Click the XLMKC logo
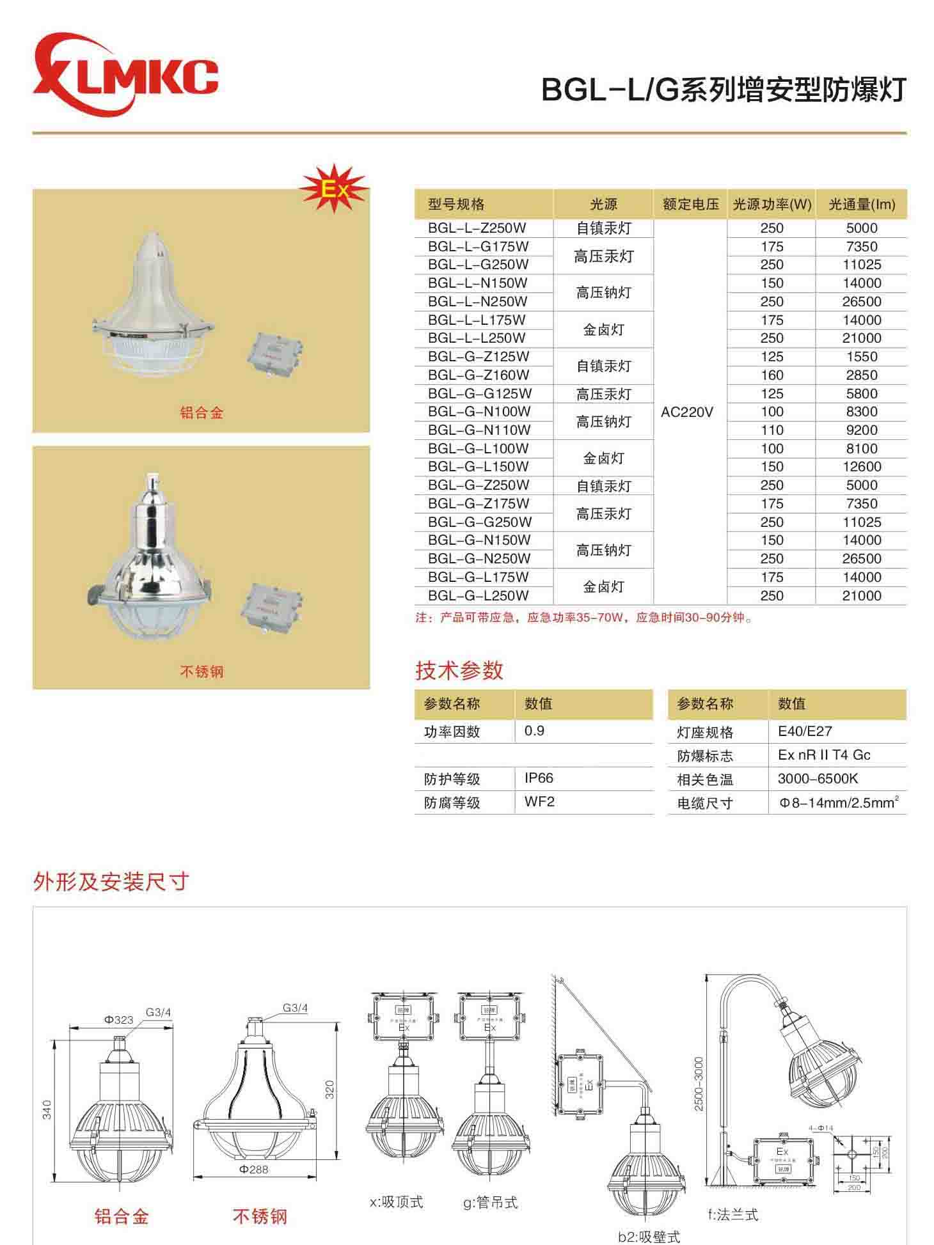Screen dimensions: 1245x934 click(x=125, y=77)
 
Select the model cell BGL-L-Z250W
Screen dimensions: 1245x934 click(x=478, y=228)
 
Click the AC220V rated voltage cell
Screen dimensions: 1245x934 click(x=686, y=412)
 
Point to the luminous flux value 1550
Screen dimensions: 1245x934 click(x=861, y=357)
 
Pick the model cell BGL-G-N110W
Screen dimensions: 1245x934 click(x=479, y=430)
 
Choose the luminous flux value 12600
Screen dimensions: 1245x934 click(x=861, y=467)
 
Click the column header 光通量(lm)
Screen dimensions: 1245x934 click(x=861, y=205)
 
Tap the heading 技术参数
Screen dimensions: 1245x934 click(x=459, y=670)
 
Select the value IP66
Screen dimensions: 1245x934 click(x=539, y=778)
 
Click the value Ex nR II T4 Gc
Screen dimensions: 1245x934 click(x=824, y=755)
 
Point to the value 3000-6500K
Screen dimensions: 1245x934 click(x=818, y=779)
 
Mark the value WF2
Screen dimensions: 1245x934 click(x=539, y=802)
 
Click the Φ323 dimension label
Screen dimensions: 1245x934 click(x=119, y=1019)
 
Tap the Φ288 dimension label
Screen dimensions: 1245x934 click(x=254, y=1170)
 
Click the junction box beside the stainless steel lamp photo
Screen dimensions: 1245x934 click(x=273, y=606)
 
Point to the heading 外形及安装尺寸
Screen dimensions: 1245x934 click(x=111, y=882)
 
